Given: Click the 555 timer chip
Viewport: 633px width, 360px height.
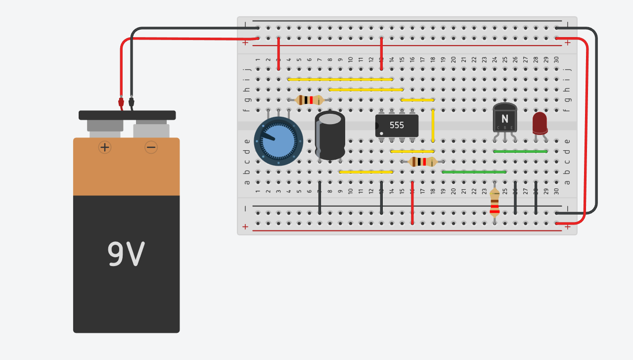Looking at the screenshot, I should click(397, 126).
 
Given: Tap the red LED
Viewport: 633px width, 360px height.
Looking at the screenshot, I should click(540, 122).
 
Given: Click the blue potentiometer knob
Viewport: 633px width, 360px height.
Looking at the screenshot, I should click(278, 141).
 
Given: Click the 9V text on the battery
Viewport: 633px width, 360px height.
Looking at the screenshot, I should click(126, 255).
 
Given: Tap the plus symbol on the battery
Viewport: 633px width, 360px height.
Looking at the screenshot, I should click(105, 147).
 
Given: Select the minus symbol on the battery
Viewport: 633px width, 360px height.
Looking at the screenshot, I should click(151, 147).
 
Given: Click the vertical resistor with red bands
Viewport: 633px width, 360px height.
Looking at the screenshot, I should click(495, 202).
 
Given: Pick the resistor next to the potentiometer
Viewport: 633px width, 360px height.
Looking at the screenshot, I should click(309, 100).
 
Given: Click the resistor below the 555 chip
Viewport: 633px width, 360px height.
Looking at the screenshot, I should click(422, 161).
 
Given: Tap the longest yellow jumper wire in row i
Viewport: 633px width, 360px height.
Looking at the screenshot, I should click(340, 79).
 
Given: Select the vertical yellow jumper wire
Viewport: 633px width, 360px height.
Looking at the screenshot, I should click(433, 126).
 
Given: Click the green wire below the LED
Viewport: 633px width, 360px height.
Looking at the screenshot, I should click(520, 151).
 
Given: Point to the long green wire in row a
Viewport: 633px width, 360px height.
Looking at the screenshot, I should click(474, 172).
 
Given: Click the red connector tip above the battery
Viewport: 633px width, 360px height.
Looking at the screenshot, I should click(121, 102).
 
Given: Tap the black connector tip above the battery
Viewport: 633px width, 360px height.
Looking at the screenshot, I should click(131, 102).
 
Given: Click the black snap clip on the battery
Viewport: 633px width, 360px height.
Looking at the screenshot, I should click(127, 115).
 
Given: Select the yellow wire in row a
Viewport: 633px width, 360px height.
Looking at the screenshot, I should click(366, 172).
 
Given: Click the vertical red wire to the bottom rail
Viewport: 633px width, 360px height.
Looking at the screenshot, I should click(412, 203).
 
